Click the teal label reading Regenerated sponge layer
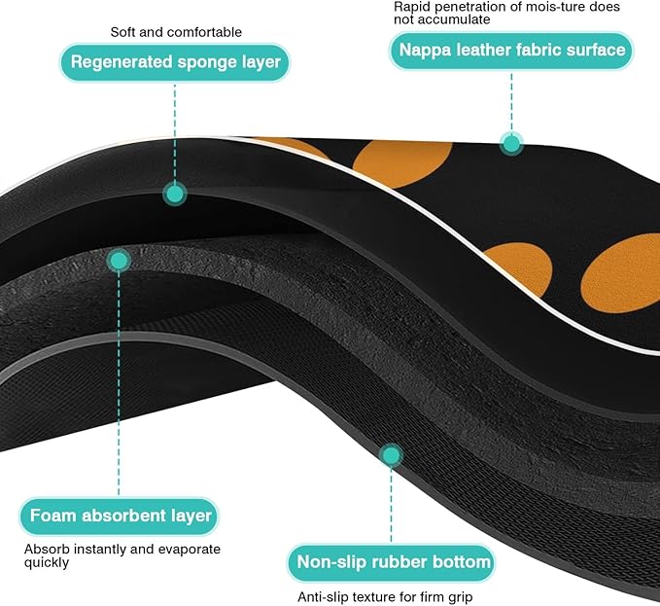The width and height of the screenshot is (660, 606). pyautogui.click(x=175, y=62)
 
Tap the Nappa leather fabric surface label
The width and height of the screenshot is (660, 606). pyautogui.click(x=511, y=51)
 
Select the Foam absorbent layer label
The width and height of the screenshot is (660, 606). pyautogui.click(x=120, y=516)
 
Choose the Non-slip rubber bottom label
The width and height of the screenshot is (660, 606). pyautogui.click(x=392, y=562)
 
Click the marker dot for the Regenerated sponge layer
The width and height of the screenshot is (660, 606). pyautogui.click(x=175, y=194)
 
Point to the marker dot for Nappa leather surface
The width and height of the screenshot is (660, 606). pyautogui.click(x=511, y=144)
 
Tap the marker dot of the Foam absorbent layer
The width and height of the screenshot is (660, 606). pyautogui.click(x=120, y=261)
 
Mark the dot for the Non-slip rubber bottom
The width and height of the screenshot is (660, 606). pyautogui.click(x=392, y=455)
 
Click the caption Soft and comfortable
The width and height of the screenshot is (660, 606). pyautogui.click(x=176, y=32)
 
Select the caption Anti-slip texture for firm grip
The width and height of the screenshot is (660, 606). pyautogui.click(x=385, y=596)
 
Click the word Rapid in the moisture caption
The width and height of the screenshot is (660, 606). pyautogui.click(x=409, y=7)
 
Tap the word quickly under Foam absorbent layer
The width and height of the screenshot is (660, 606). pyautogui.click(x=47, y=562)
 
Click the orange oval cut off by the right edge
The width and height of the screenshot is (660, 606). pyautogui.click(x=620, y=273)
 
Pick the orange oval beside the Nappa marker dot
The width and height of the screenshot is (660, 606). pyautogui.click(x=402, y=163)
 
